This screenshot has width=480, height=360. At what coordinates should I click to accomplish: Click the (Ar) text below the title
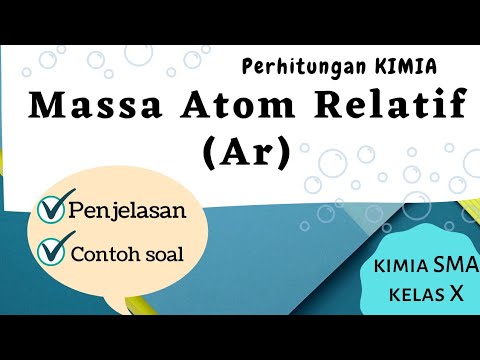point(244,153)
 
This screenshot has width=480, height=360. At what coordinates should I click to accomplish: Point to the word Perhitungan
point(296,67)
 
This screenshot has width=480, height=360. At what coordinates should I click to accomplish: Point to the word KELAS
point(412,295)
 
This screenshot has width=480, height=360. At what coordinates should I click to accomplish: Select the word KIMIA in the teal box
point(398,267)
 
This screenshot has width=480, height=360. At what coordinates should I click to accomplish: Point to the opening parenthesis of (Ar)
point(210,154)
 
